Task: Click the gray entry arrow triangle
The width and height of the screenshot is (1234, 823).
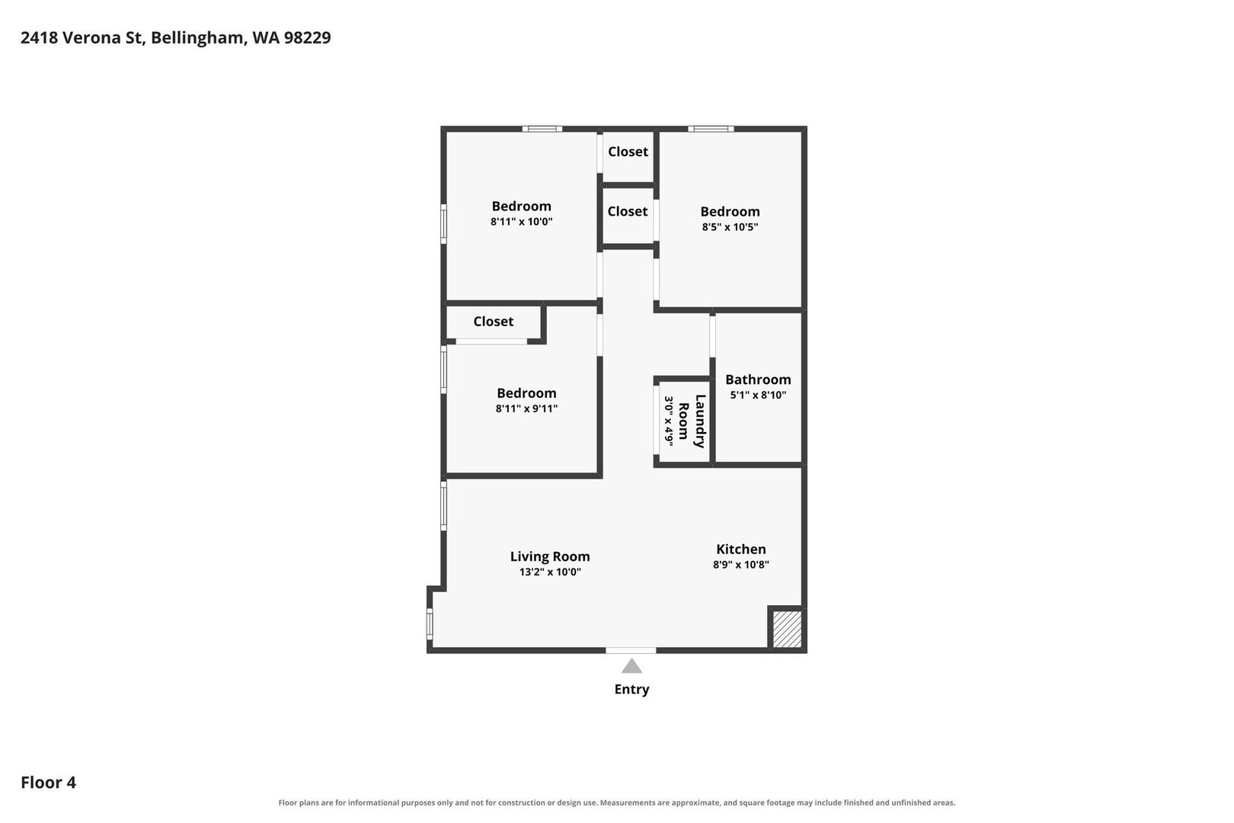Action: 631,667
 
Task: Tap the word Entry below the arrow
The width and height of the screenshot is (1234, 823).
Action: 631,690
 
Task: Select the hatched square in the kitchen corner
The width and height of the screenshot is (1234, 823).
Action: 787,629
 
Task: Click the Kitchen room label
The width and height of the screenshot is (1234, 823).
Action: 740,549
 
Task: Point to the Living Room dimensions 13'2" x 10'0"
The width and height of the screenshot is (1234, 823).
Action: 550,572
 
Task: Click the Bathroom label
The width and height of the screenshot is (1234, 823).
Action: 757,379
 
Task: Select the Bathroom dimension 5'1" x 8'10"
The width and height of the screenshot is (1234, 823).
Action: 757,395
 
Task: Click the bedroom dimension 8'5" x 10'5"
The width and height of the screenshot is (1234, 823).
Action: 730,226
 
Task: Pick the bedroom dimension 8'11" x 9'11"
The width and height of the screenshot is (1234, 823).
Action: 526,408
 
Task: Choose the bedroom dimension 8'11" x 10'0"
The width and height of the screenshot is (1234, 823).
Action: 521,222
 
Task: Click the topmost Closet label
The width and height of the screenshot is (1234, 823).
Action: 628,152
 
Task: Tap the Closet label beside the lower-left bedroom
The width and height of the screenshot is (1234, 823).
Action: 493,322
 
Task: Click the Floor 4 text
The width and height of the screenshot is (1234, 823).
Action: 49,782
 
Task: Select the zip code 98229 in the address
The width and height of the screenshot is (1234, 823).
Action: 308,37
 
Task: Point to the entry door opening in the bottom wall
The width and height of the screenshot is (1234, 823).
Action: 631,651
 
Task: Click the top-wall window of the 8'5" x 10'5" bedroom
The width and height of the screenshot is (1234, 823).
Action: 711,129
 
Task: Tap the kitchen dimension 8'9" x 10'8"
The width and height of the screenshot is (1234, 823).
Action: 740,565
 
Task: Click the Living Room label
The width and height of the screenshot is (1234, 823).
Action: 550,556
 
